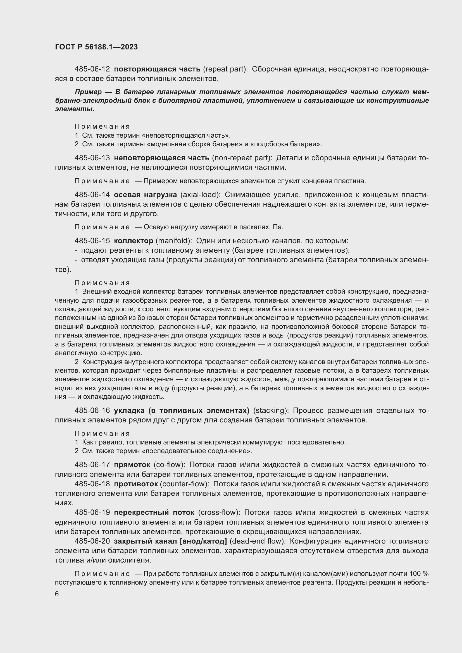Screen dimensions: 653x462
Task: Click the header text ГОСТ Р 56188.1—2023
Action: (96, 47)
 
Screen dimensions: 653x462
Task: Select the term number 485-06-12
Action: (92, 69)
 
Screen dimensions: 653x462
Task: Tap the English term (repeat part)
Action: (225, 69)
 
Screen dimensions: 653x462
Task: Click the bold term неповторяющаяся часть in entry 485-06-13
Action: (161, 158)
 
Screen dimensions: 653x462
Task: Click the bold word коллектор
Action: (133, 241)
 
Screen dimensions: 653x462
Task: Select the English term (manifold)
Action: (173, 241)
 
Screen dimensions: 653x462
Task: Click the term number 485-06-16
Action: (92, 410)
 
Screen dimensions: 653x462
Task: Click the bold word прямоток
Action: (132, 465)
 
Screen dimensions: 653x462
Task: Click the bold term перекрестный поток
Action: (154, 512)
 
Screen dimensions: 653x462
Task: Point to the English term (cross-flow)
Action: (219, 512)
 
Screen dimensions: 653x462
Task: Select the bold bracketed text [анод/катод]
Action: (203, 541)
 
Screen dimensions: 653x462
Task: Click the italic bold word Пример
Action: (88, 92)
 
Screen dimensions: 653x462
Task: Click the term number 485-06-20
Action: (92, 541)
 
